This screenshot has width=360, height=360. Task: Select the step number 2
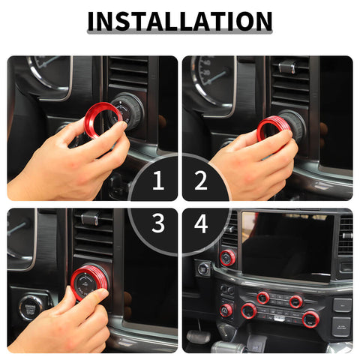[x=200, y=180]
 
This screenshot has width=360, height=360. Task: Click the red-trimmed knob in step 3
[x=90, y=283]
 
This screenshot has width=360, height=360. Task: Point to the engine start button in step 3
[x=32, y=307]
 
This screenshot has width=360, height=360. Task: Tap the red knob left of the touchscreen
[x=228, y=258]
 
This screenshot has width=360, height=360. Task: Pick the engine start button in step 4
[x=203, y=268]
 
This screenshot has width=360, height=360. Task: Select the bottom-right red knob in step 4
[x=311, y=319]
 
